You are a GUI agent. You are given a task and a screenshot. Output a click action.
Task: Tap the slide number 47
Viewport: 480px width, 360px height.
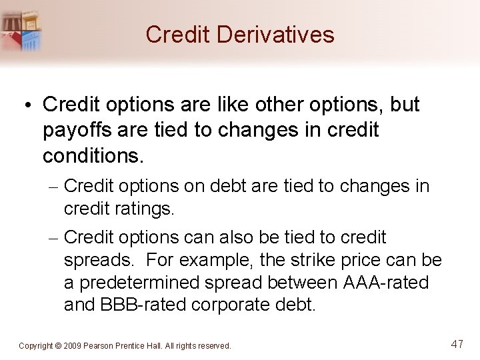457,345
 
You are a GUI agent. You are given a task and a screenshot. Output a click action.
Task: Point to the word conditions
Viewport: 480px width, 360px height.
93,156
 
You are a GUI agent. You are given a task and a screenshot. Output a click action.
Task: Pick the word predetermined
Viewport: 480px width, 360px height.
138,283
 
